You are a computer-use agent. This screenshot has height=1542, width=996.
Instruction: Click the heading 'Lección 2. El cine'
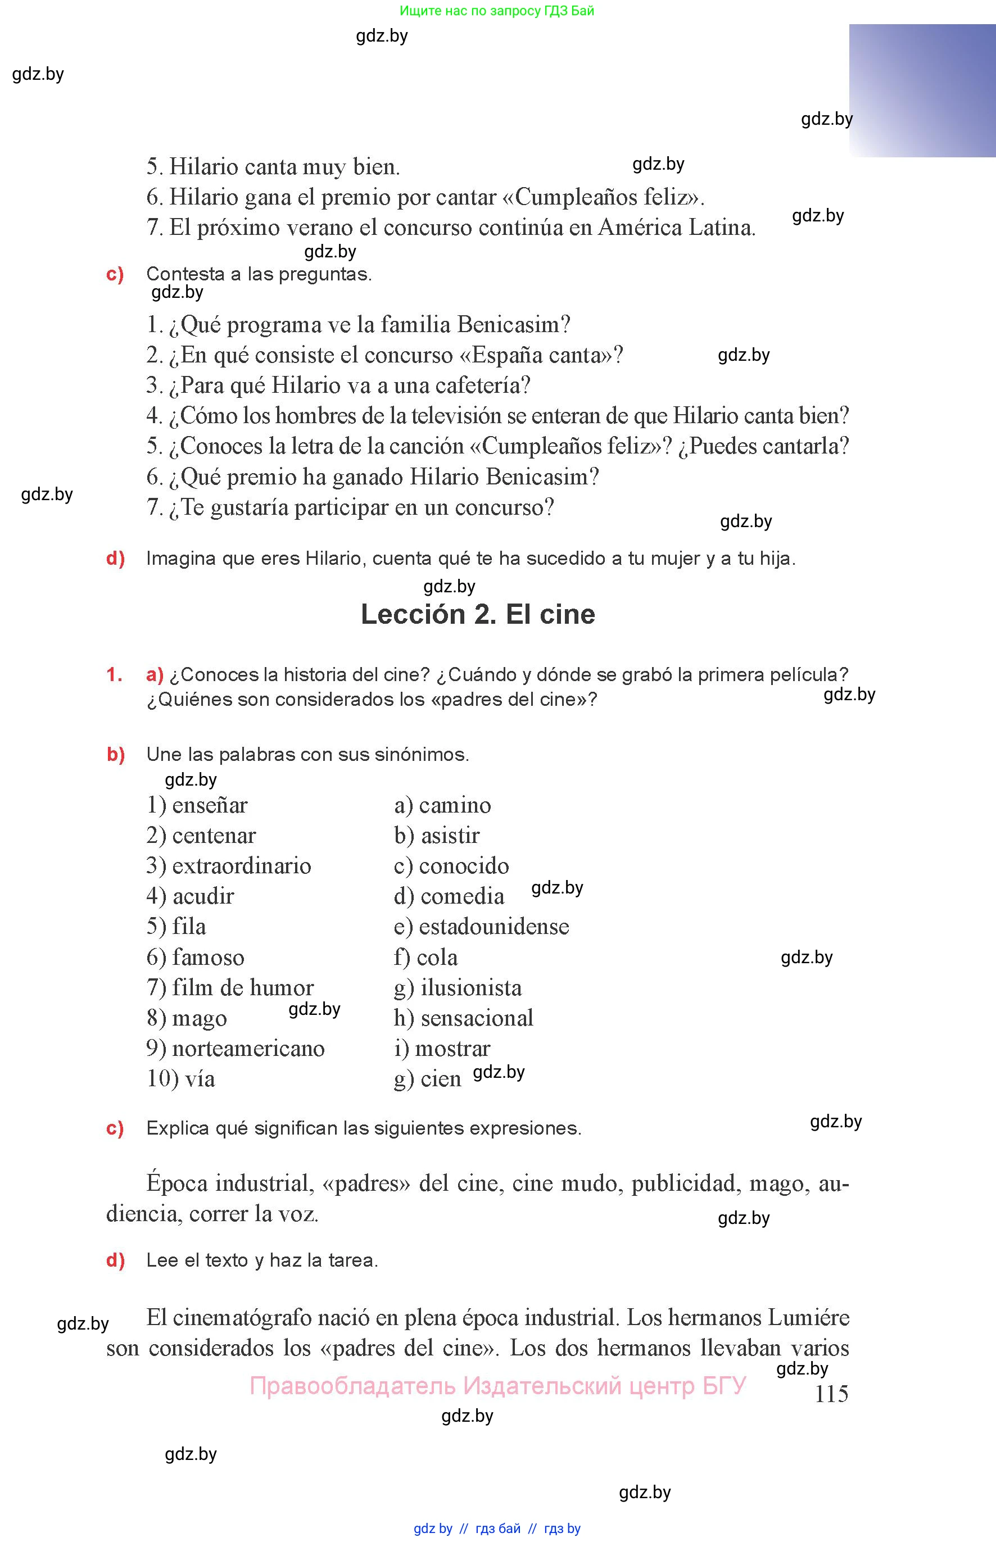pyautogui.click(x=477, y=614)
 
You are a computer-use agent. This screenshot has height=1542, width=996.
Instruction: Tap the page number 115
pyautogui.click(x=831, y=1393)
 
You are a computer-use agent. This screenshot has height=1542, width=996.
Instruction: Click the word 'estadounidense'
pyautogui.click(x=494, y=927)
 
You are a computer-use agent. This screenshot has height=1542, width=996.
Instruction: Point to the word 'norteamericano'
pyautogui.click(x=248, y=1048)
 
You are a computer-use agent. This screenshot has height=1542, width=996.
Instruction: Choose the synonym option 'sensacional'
pyautogui.click(x=477, y=1018)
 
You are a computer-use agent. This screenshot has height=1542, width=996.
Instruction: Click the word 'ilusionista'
pyautogui.click(x=471, y=987)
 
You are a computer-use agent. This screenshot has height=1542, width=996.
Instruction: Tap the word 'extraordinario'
pyautogui.click(x=241, y=866)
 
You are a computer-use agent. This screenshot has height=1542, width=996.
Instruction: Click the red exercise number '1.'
pyautogui.click(x=115, y=674)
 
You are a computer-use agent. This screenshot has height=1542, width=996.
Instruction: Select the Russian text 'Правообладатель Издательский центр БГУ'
pyautogui.click(x=497, y=1386)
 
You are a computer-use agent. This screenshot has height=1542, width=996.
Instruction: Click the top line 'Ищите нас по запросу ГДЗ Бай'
pyautogui.click(x=497, y=10)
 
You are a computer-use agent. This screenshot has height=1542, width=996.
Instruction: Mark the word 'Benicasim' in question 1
pyautogui.click(x=514, y=325)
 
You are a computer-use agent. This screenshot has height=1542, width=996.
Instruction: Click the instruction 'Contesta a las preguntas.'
pyautogui.click(x=259, y=274)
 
